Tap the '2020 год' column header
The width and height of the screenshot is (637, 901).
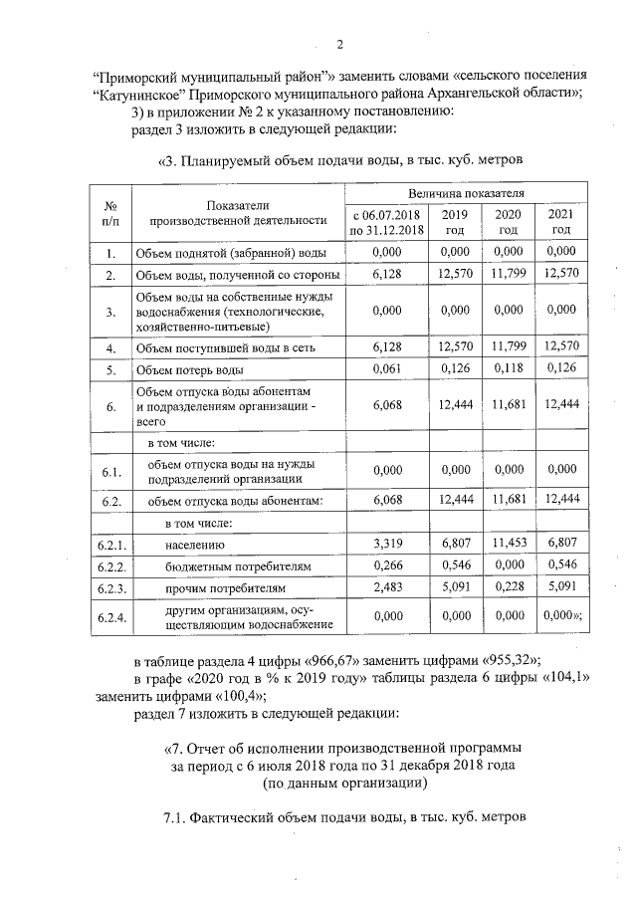pyautogui.click(x=508, y=222)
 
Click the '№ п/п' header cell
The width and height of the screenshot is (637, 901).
pyautogui.click(x=110, y=212)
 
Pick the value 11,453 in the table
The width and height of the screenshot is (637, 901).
pyautogui.click(x=508, y=545)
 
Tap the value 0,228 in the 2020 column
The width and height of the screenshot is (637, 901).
pyautogui.click(x=508, y=588)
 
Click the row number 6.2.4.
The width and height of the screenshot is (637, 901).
pyautogui.click(x=110, y=617)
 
